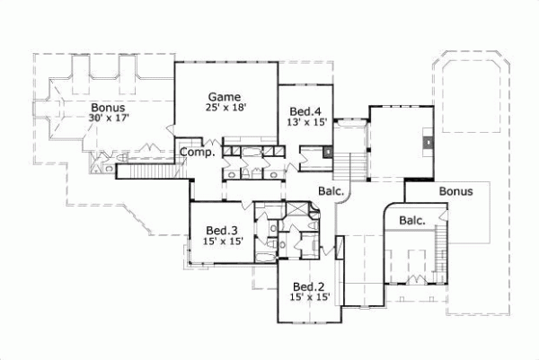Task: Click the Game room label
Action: pos(223,95)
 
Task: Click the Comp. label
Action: pos(196,153)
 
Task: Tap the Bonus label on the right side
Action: pos(456,191)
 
